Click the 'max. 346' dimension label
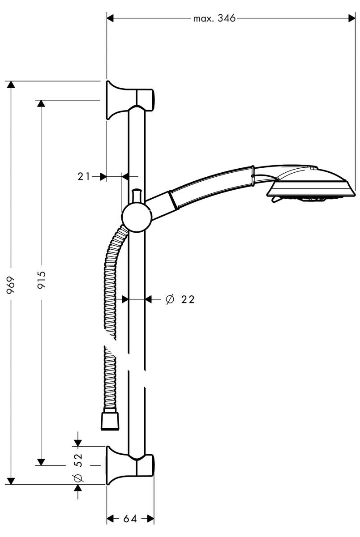point(214,18)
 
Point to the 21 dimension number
point(83,176)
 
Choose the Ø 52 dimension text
point(78,465)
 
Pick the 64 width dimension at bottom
point(130,519)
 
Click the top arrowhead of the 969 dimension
point(12,85)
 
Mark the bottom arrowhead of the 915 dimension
point(41,461)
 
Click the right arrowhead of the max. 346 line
point(352,18)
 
